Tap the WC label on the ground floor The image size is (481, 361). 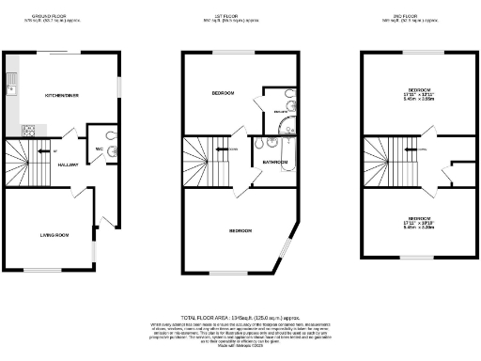99,149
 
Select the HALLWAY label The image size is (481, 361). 67,165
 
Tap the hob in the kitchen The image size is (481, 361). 28,129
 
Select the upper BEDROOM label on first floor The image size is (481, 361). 224,94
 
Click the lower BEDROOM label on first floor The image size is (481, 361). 241,230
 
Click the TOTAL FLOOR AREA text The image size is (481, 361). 240,320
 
